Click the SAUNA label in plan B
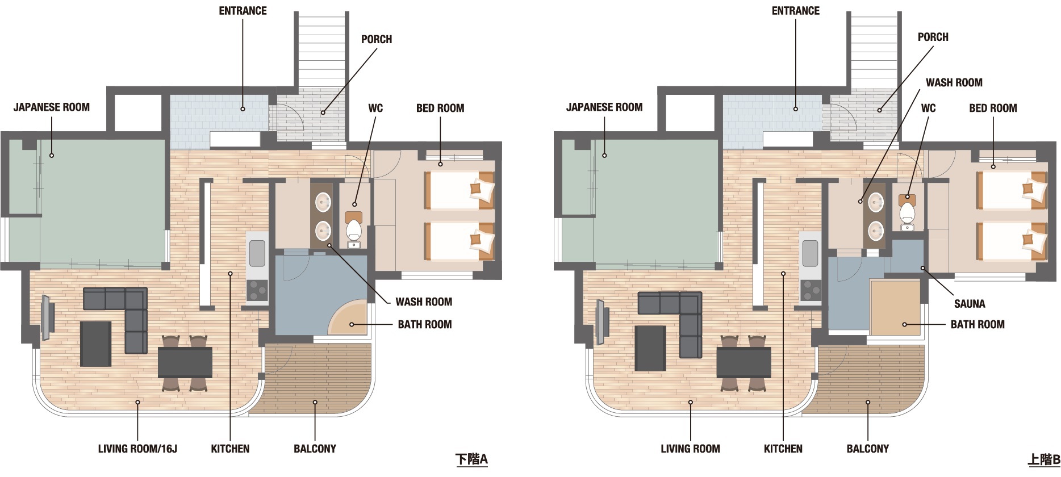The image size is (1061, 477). (970, 304)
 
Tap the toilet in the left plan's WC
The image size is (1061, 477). (354, 229)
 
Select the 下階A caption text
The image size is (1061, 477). (472, 459)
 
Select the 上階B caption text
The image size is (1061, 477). (1044, 459)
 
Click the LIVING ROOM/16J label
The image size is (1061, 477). (137, 449)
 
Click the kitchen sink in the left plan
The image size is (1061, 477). (257, 253)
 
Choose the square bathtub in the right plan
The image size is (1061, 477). (896, 307)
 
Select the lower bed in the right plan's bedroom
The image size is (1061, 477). (1012, 241)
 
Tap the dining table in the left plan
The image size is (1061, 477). (185, 362)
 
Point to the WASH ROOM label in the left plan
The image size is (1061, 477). (424, 302)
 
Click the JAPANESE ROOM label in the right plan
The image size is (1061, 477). (604, 107)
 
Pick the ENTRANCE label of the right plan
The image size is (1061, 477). (796, 11)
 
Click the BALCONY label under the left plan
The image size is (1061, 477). (315, 449)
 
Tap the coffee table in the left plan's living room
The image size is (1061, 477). (95, 344)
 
